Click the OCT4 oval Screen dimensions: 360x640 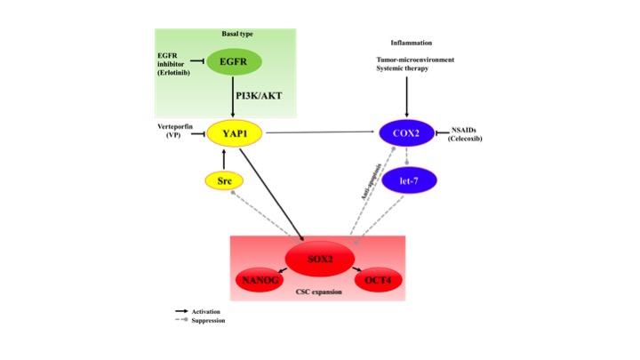tap(378, 281)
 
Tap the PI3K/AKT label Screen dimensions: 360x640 tap(260, 96)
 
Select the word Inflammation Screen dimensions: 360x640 tap(412, 43)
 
